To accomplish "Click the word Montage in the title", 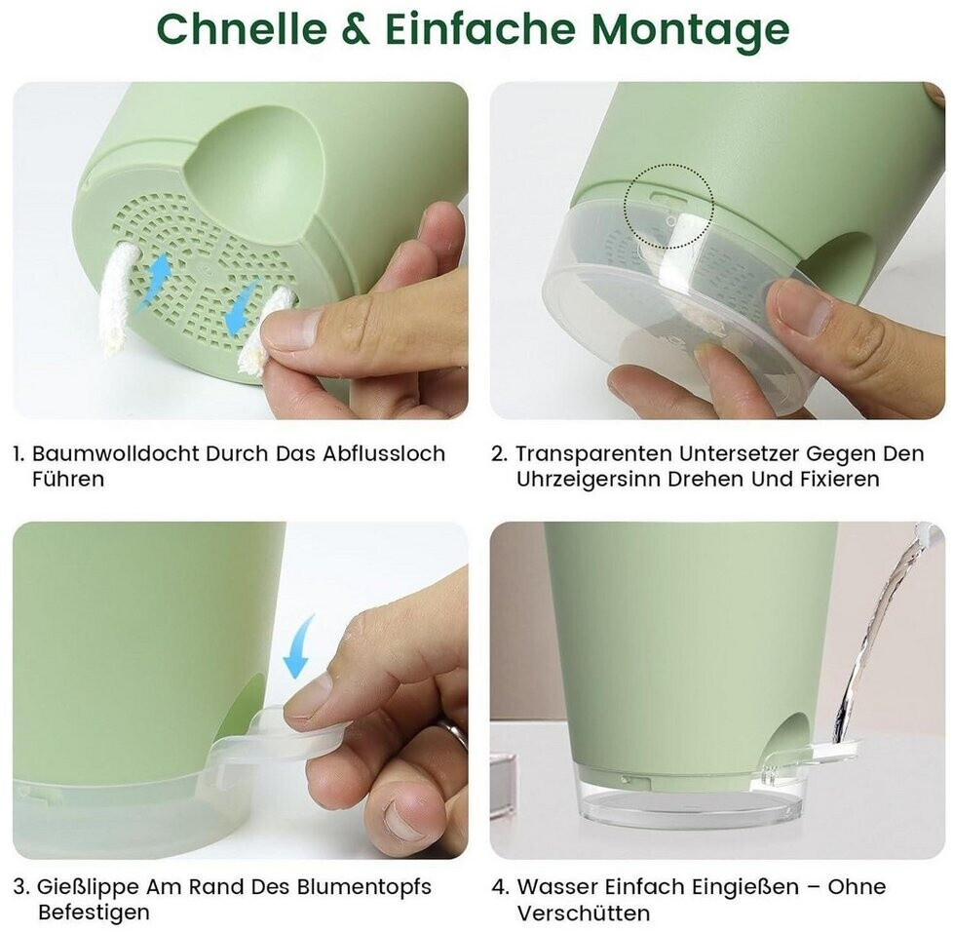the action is point(691,29).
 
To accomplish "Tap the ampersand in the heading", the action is point(357,28).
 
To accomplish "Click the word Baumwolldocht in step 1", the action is point(116,453).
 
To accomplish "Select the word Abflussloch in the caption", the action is point(384,453).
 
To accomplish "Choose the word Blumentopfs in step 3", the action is point(363,886).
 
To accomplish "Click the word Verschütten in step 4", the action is point(584,913).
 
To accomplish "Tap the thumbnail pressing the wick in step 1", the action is point(286,329).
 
